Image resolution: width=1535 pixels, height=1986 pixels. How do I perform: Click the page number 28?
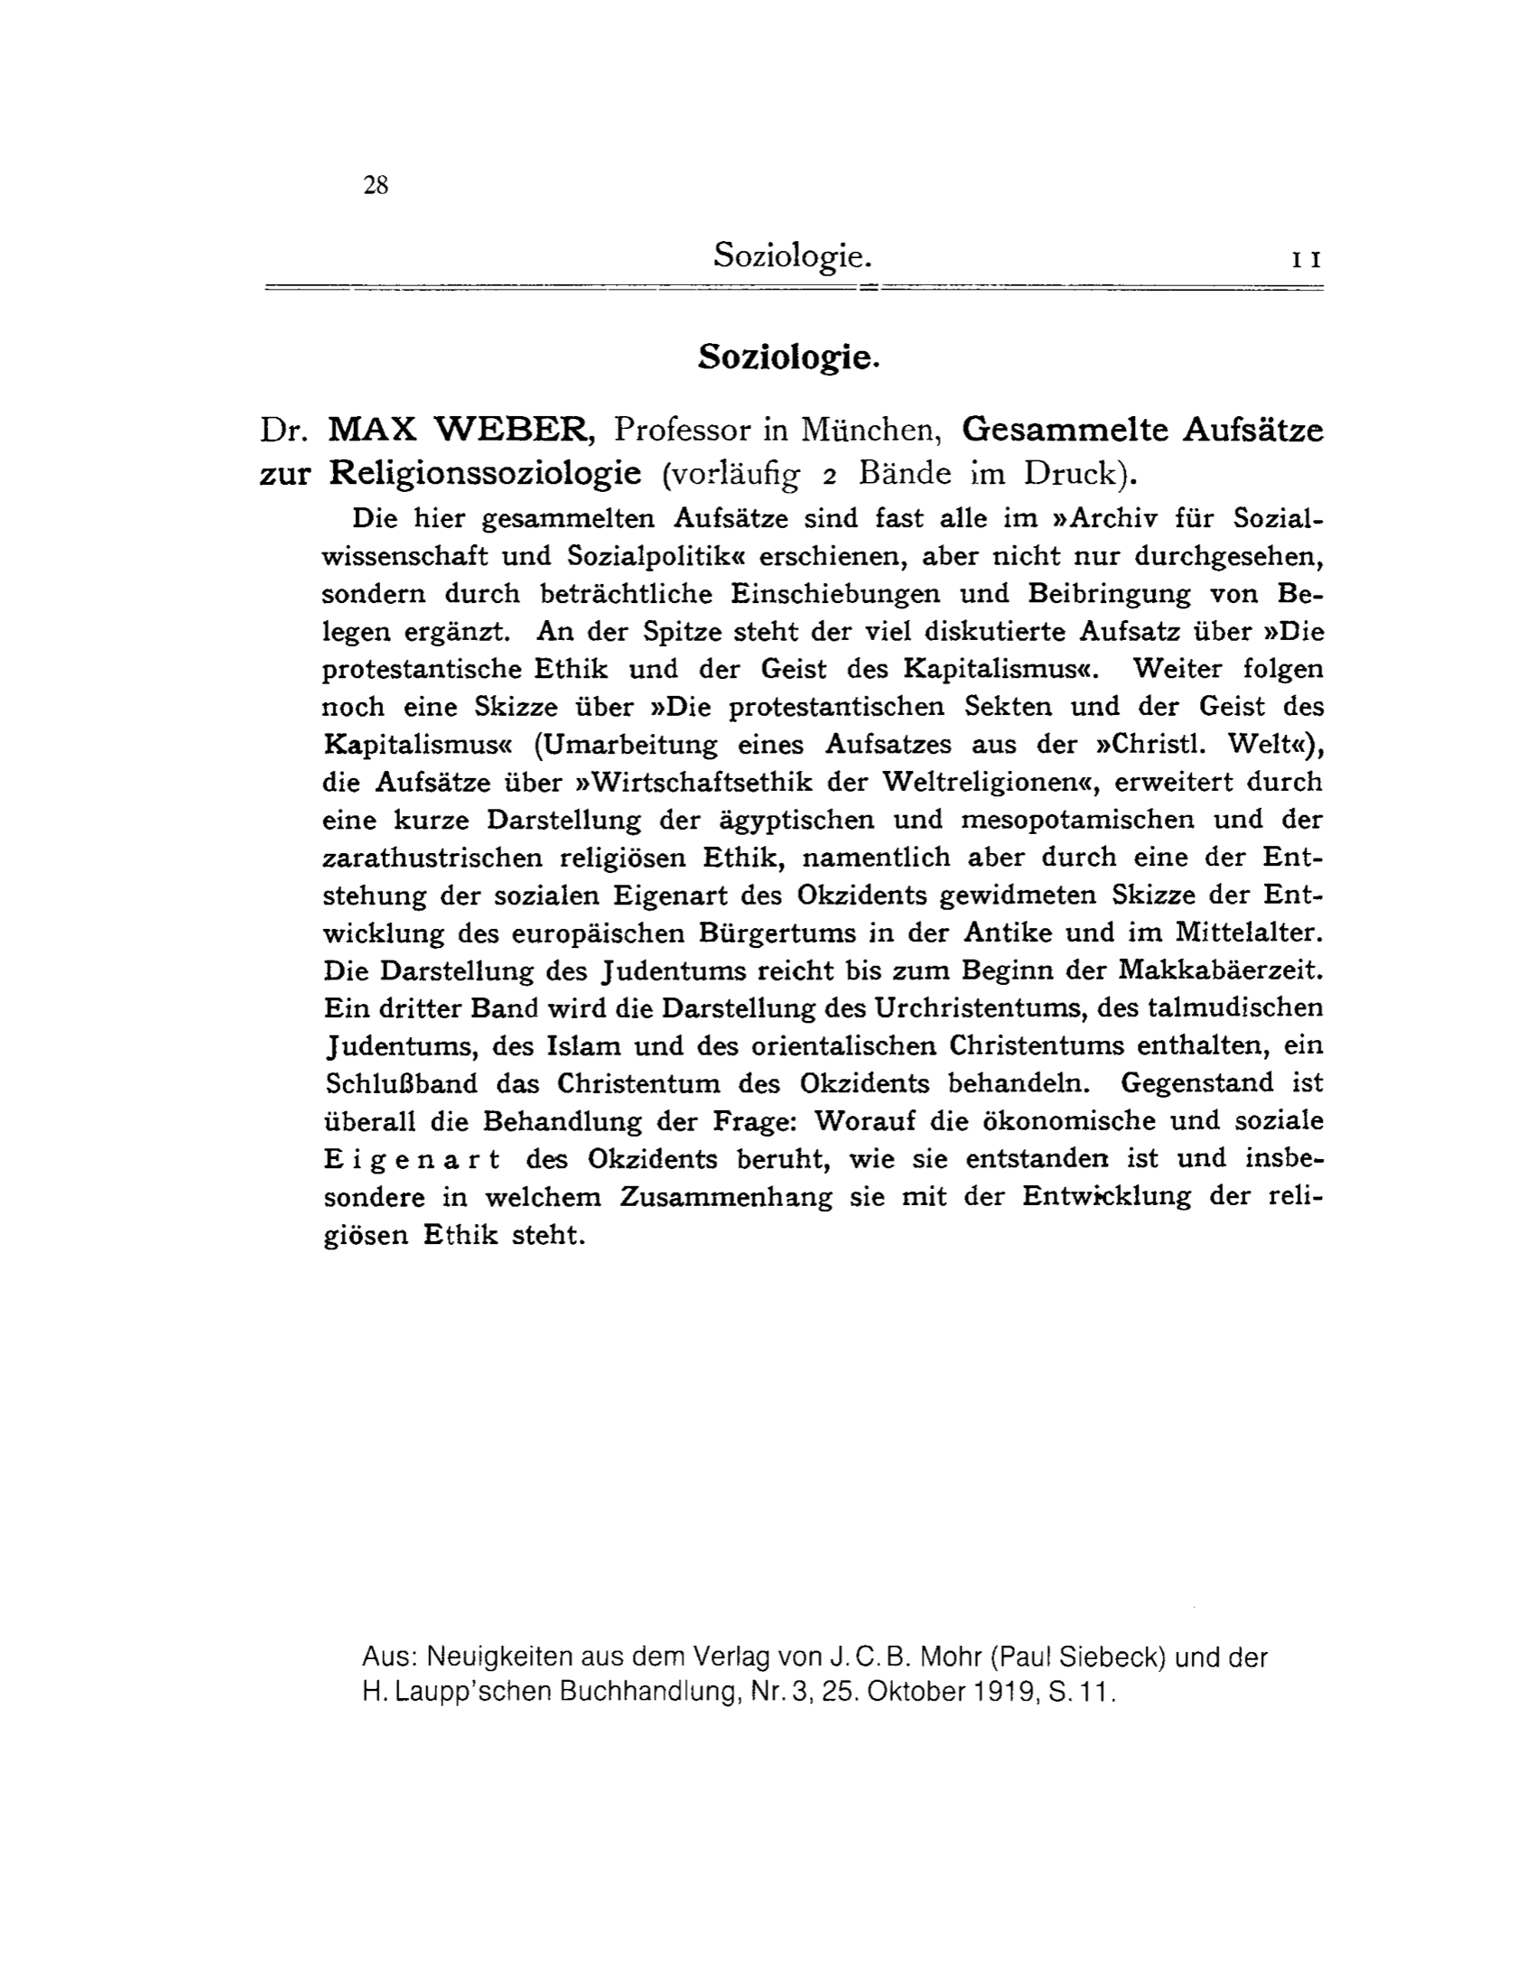point(376,185)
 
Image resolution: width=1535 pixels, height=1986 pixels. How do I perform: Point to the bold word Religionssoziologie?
point(486,473)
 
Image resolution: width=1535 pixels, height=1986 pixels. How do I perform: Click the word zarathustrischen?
point(433,858)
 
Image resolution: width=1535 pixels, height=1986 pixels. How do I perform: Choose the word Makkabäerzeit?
point(1221,970)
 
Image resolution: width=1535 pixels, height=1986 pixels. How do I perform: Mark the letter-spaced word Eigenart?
point(412,1159)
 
